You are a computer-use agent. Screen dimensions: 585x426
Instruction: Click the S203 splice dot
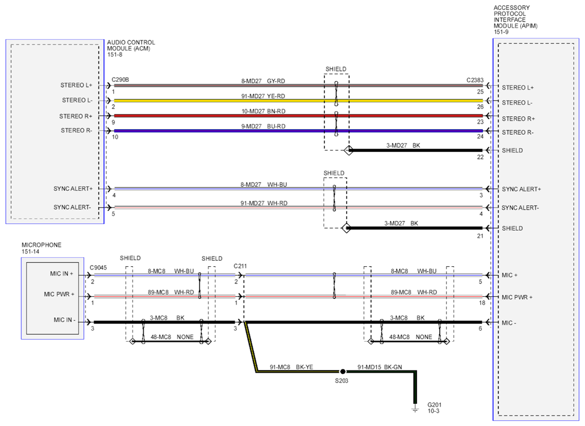pyautogui.click(x=343, y=372)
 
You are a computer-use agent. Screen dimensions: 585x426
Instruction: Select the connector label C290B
pyautogui.click(x=120, y=79)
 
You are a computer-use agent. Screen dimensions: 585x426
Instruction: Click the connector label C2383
pyautogui.click(x=475, y=80)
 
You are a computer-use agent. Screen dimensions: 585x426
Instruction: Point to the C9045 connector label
pyautogui.click(x=98, y=268)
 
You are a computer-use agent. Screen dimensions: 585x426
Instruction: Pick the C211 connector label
pyautogui.click(x=240, y=266)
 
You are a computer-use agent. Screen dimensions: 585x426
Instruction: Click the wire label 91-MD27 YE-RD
pyautogui.click(x=263, y=97)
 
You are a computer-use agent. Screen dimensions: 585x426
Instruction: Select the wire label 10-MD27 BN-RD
pyautogui.click(x=263, y=111)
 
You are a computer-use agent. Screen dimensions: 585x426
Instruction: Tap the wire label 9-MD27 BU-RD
pyautogui.click(x=263, y=126)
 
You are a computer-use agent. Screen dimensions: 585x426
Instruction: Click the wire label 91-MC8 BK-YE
pyautogui.click(x=291, y=367)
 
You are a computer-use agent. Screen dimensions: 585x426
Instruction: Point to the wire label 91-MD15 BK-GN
pyautogui.click(x=380, y=367)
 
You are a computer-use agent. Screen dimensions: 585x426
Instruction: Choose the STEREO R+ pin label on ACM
pyautogui.click(x=76, y=116)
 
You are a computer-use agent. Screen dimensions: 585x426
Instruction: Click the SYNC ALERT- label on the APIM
pyautogui.click(x=520, y=207)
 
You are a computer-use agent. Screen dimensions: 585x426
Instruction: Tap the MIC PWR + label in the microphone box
pyautogui.click(x=59, y=294)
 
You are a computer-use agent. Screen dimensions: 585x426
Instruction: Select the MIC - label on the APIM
pyautogui.click(x=509, y=323)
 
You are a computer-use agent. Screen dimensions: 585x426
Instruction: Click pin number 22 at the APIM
pyautogui.click(x=480, y=157)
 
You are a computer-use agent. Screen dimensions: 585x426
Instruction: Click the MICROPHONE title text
pyautogui.click(x=42, y=245)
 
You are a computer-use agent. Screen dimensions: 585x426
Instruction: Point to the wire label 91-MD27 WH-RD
pyautogui.click(x=264, y=204)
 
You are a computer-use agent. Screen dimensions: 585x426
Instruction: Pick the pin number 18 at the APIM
pyautogui.click(x=482, y=303)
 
